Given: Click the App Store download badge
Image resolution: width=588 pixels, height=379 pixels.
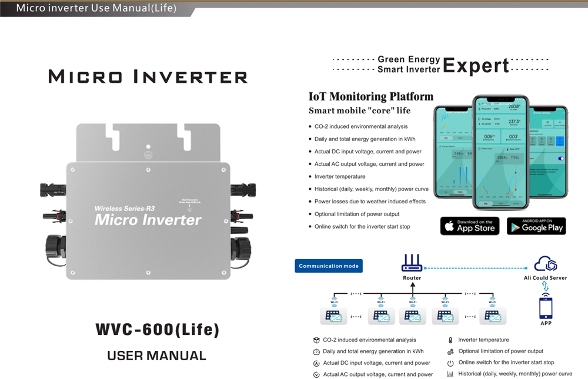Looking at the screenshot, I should point(470,226).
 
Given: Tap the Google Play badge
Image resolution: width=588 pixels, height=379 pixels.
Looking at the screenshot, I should point(536,226).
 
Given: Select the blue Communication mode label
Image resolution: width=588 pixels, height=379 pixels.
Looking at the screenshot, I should point(329,266).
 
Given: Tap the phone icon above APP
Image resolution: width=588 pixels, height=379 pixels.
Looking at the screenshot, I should point(546,307).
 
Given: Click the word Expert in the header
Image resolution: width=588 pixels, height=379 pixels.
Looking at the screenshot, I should point(476,65).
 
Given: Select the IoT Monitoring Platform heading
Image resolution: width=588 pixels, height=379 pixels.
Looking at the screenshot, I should point(371,96).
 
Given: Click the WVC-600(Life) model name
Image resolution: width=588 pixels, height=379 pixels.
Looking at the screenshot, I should point(157,330).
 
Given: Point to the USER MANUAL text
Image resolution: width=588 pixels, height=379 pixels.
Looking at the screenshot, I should point(157,355).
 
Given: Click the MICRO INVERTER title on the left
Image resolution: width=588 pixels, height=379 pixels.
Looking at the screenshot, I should point(148,77).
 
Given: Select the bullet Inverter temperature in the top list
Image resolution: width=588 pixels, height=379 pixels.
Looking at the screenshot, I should point(340,176).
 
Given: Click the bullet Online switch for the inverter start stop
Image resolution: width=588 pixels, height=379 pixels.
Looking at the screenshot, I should point(362,226).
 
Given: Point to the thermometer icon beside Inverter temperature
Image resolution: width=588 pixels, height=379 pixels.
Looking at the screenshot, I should point(450,340).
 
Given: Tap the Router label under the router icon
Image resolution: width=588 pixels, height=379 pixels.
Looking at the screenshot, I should point(412,278).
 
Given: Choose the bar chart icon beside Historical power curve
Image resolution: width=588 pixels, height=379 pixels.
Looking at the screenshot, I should point(450,374).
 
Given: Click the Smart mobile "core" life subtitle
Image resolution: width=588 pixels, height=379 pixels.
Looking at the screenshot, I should point(360,110).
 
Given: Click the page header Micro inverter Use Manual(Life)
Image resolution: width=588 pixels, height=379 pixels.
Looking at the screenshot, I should point(96,8).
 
